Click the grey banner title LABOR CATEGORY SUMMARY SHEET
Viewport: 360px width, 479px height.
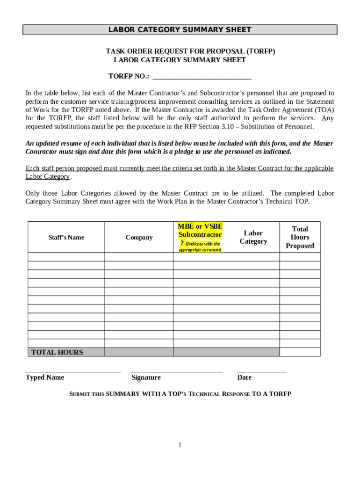coord(180,30)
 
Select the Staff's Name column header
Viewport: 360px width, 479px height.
coord(66,238)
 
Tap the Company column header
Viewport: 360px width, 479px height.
coord(139,238)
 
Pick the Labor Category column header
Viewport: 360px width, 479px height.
coord(253,237)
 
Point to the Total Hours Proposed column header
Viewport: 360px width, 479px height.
coord(300,237)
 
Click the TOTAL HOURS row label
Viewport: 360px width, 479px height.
coord(57,352)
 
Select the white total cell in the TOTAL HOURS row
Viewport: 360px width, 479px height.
coord(300,352)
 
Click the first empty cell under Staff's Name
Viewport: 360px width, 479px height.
coord(66,257)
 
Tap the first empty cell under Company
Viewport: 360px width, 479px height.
coord(139,257)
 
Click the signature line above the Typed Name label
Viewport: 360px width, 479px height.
coord(73,371)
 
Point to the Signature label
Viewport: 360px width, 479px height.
coord(146,377)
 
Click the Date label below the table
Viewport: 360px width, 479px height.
coord(244,377)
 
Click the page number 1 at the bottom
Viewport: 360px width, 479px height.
coord(180,445)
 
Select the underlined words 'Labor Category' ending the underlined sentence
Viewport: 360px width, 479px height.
coord(47,177)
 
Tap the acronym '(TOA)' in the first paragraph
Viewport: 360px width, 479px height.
coord(324,110)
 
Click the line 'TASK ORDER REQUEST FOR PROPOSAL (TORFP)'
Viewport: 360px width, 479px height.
coord(190,51)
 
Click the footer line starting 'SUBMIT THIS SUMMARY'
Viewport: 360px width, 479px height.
coord(180,394)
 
